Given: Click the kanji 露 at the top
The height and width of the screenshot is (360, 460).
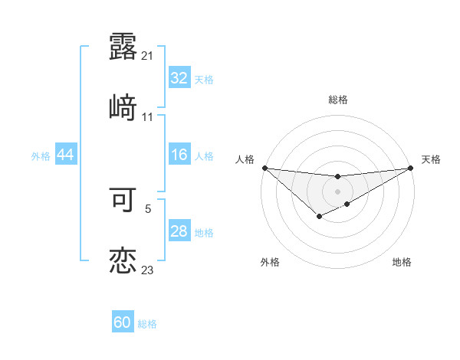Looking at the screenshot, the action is click(x=123, y=47).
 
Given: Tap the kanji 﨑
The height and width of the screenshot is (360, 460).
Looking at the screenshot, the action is click(x=123, y=109).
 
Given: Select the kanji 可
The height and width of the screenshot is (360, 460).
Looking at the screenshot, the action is click(x=123, y=200).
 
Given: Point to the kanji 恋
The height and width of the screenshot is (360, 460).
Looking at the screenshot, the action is click(x=123, y=261).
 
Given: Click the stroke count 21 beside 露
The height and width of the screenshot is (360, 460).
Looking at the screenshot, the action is click(x=148, y=56).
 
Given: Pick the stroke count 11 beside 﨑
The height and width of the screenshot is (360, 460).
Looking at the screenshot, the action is click(x=148, y=117).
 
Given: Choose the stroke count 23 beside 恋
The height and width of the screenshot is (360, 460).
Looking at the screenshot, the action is click(x=148, y=270).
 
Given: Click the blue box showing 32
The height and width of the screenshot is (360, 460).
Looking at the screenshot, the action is click(x=179, y=78).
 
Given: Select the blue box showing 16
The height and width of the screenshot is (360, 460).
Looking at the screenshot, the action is click(x=179, y=155).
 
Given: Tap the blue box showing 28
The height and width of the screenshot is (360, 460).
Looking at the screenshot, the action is click(x=179, y=231).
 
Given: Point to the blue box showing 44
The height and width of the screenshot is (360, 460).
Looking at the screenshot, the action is click(x=65, y=155).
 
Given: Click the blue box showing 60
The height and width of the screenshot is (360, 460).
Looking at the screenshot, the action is click(x=123, y=322).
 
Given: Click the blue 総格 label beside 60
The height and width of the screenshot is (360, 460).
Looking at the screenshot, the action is click(x=147, y=324).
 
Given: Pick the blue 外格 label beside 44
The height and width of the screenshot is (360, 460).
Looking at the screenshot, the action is click(x=41, y=156).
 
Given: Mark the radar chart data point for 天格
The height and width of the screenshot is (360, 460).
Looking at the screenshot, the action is click(x=411, y=169).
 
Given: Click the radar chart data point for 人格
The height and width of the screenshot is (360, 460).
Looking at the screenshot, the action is click(x=264, y=168).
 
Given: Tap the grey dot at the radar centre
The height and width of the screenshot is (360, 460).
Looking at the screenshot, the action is click(x=337, y=191).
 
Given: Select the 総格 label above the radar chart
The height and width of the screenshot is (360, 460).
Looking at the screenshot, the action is click(x=338, y=100).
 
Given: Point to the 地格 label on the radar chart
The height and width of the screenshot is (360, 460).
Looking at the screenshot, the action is click(x=402, y=262).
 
